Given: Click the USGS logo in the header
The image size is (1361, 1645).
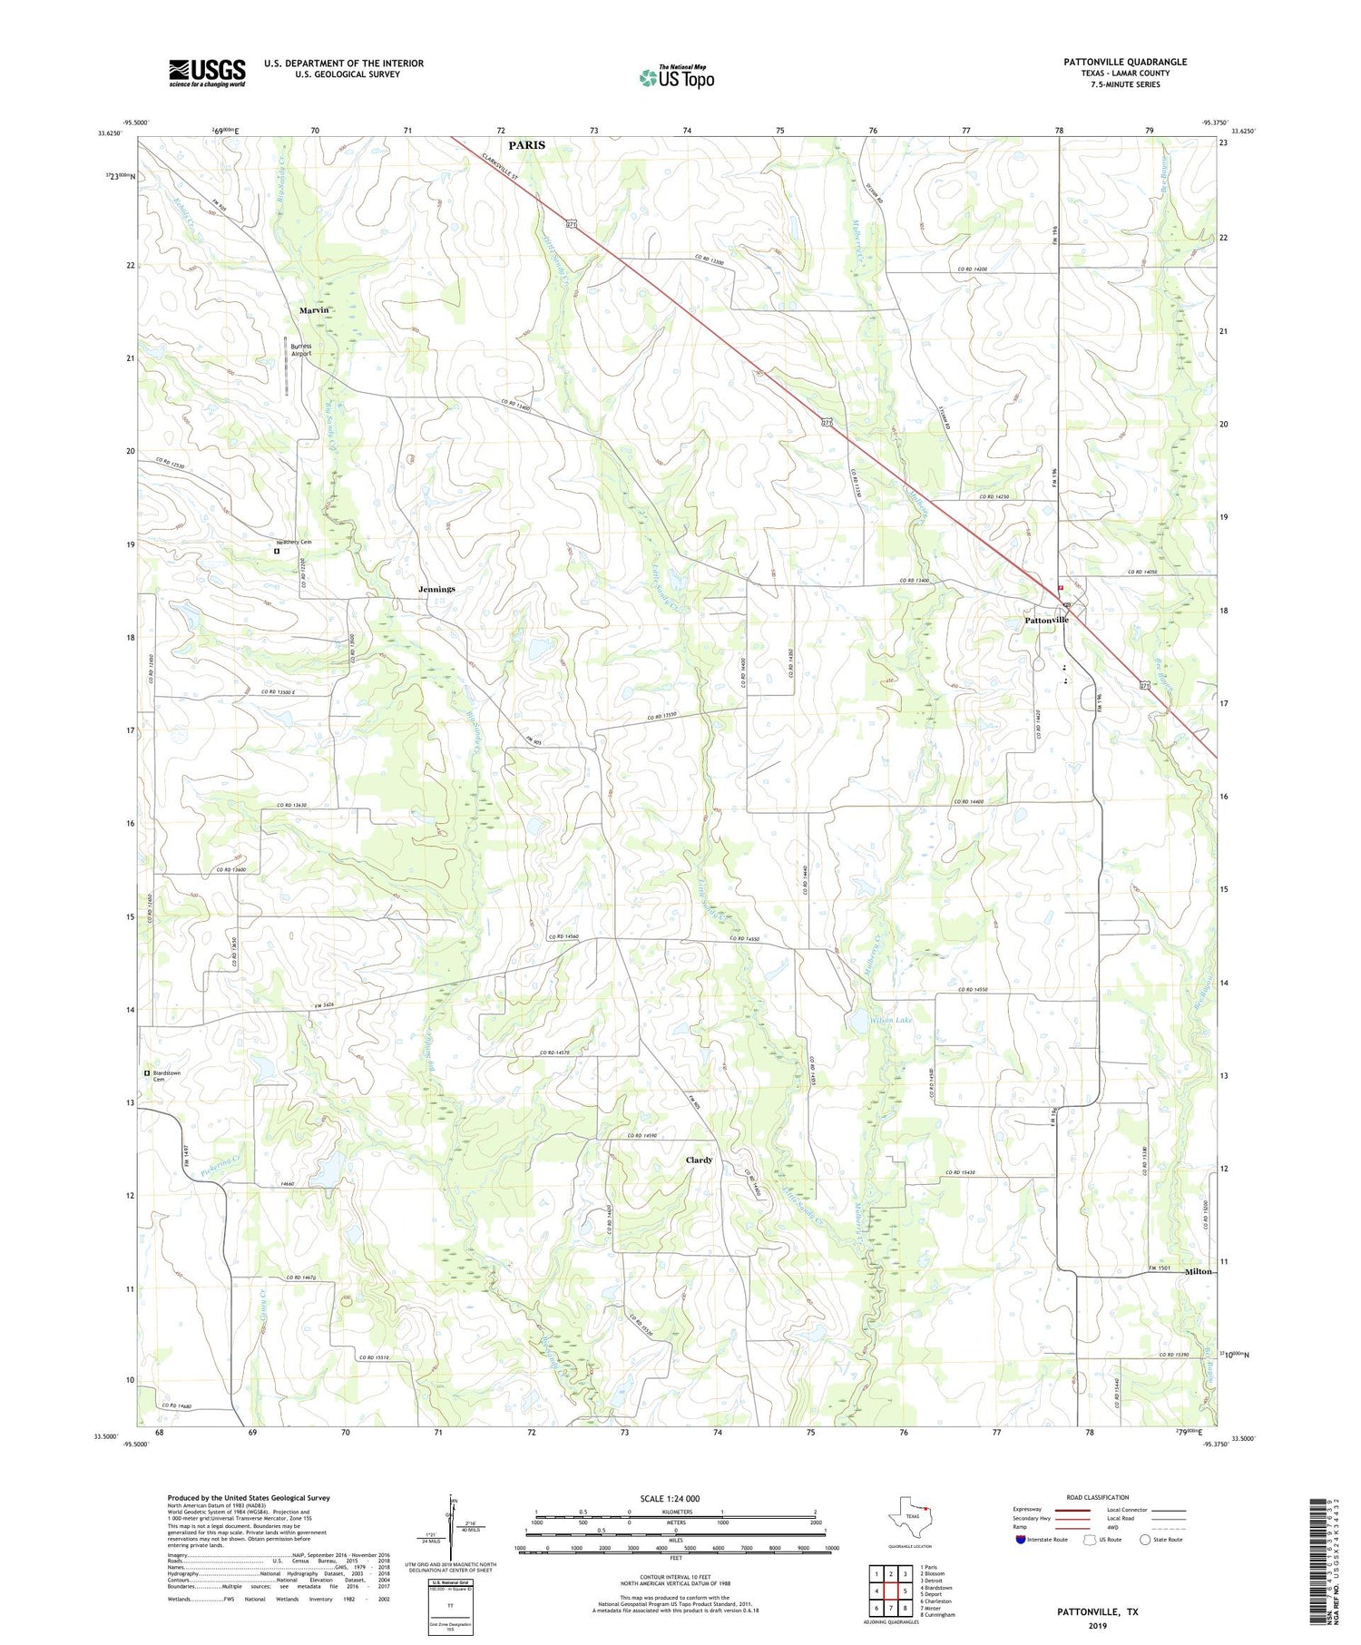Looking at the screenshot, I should pos(207,73).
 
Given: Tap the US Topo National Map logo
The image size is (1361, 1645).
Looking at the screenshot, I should pos(676,77).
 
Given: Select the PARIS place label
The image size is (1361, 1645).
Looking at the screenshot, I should pos(526,145).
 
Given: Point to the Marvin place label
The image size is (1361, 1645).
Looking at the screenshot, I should pos(313,310).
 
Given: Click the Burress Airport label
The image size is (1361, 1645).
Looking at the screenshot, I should pos(300,350).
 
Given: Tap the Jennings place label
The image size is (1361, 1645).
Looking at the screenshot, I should pos(436,590).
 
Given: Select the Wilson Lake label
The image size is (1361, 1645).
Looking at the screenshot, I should pos(891,1020).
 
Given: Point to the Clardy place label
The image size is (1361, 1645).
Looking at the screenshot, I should pos(699,1160).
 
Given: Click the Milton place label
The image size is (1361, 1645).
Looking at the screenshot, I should pos(1198,1271).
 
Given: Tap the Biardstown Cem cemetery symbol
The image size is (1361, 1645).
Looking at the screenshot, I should pos(147,1072).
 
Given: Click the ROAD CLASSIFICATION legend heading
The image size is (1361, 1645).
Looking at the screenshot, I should pos(1098,1497).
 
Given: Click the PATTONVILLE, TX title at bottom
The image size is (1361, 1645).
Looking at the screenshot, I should pos(1097,1611).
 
